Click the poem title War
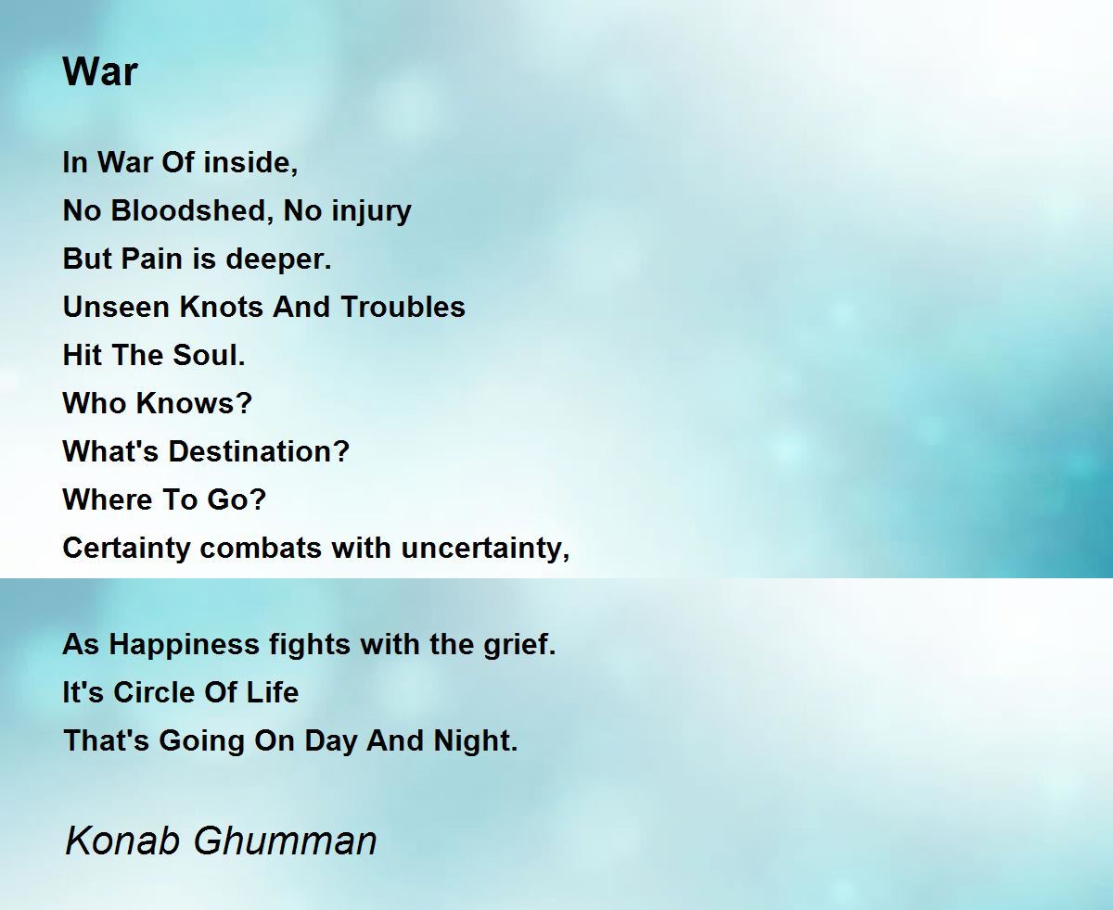tap(100, 71)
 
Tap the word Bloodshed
tap(189, 210)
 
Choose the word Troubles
tap(403, 307)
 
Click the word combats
tap(261, 548)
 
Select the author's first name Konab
tap(122, 840)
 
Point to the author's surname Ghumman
tap(286, 840)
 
